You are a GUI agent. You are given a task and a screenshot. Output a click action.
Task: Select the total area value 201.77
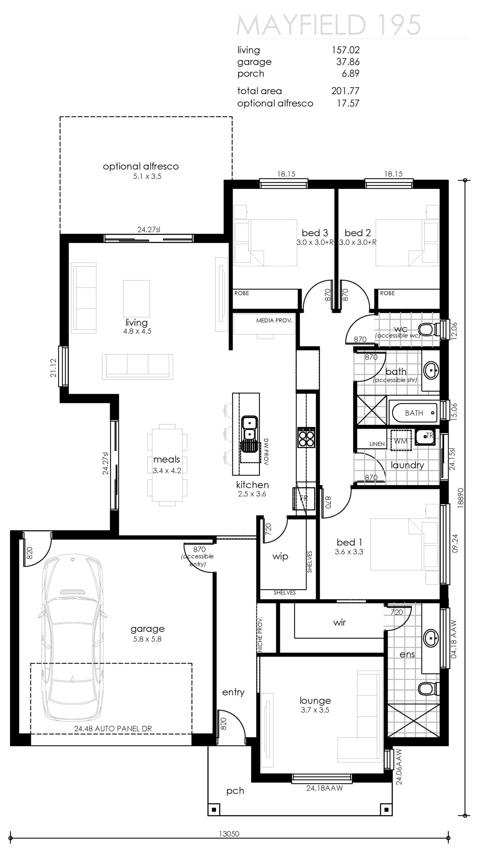[345, 91]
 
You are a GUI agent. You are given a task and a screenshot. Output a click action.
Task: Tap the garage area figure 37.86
[348, 62]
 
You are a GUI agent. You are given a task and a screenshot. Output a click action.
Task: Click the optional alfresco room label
[141, 166]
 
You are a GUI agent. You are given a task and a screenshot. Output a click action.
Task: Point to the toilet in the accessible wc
[429, 329]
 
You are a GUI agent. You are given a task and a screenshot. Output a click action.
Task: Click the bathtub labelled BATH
[414, 413]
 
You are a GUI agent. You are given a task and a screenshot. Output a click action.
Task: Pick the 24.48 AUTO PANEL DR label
[113, 729]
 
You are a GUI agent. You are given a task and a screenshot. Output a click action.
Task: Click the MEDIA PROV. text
[274, 320]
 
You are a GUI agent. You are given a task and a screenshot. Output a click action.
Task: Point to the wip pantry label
[280, 557]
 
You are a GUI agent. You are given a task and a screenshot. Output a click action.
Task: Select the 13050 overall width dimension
[229, 834]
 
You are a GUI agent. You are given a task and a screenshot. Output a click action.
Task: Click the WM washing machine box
[401, 440]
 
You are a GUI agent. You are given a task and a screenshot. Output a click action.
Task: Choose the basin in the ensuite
[431, 638]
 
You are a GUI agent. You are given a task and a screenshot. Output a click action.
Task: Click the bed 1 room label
[349, 542]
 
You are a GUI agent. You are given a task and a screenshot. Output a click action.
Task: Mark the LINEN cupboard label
[377, 444]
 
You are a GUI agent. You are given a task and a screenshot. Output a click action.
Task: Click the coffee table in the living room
[137, 298]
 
